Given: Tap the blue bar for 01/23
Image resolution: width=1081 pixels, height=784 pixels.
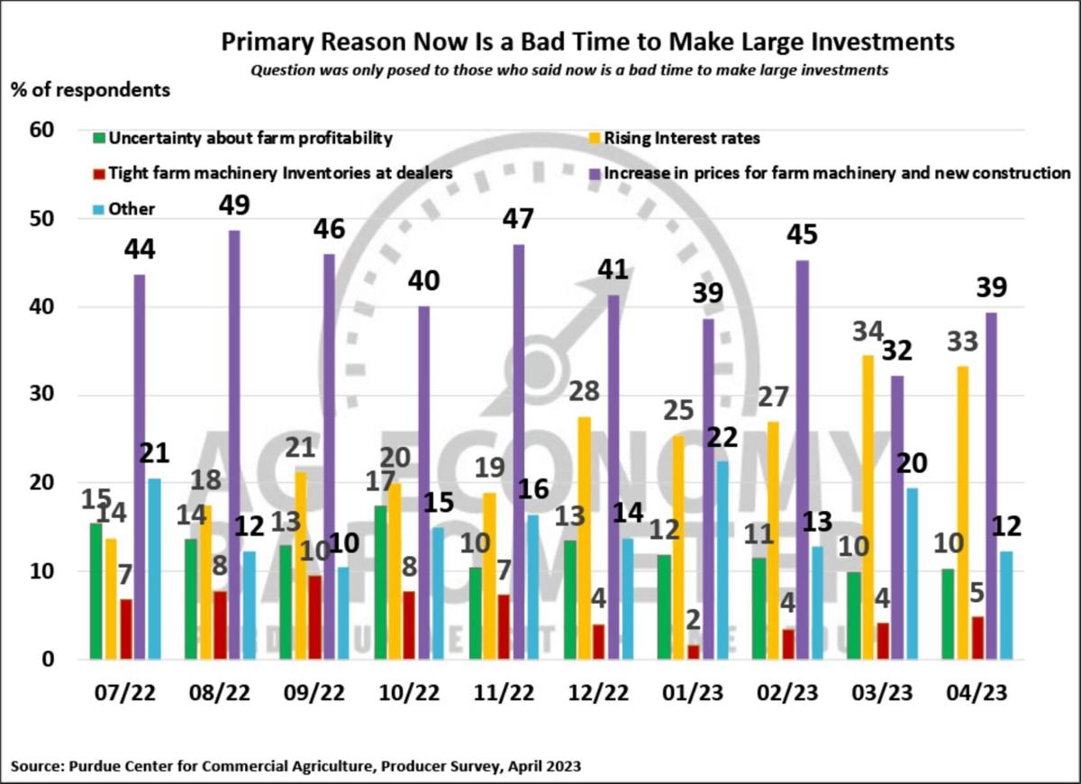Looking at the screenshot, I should click(x=722, y=560).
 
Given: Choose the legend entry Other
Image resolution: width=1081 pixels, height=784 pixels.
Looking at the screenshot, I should click(x=131, y=208).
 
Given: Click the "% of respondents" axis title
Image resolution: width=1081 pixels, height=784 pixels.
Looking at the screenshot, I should click(x=90, y=90).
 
